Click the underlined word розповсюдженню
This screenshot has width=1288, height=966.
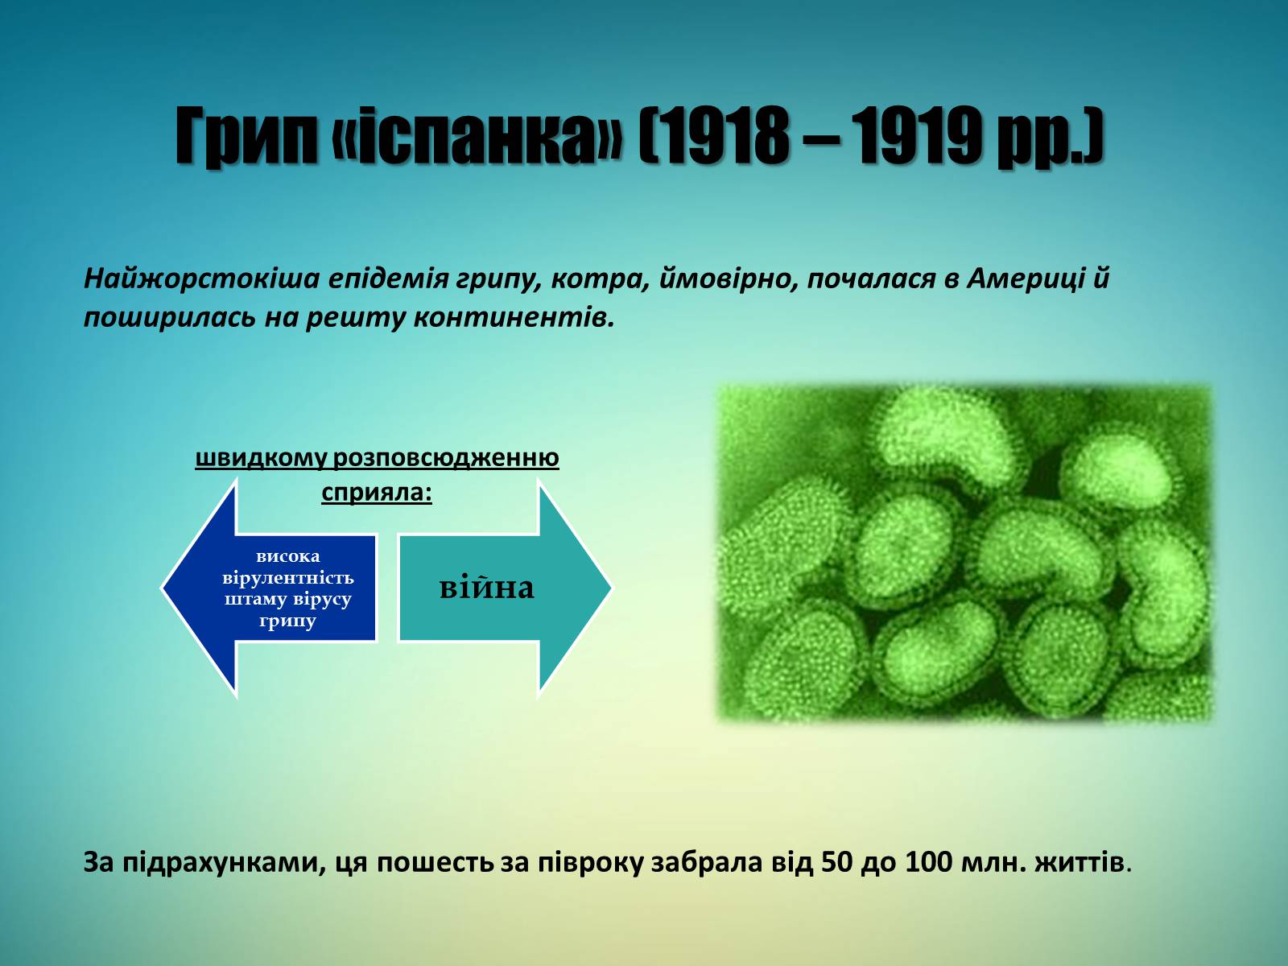coord(446,458)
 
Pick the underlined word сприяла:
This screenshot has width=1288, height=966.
coord(377,492)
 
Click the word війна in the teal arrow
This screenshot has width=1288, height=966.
coord(487,587)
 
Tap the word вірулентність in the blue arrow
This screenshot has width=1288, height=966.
coord(288,578)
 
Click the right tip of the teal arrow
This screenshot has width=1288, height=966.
coord(611,587)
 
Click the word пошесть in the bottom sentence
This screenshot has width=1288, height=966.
coord(435,863)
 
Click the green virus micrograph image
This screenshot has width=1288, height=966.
coord(964,552)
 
